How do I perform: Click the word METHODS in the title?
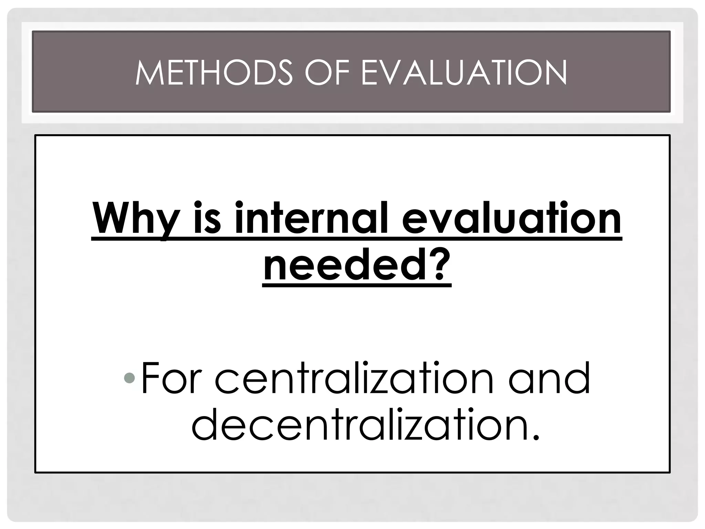coord(214,73)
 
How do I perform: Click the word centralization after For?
coord(354,378)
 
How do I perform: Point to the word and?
coord(549,378)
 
